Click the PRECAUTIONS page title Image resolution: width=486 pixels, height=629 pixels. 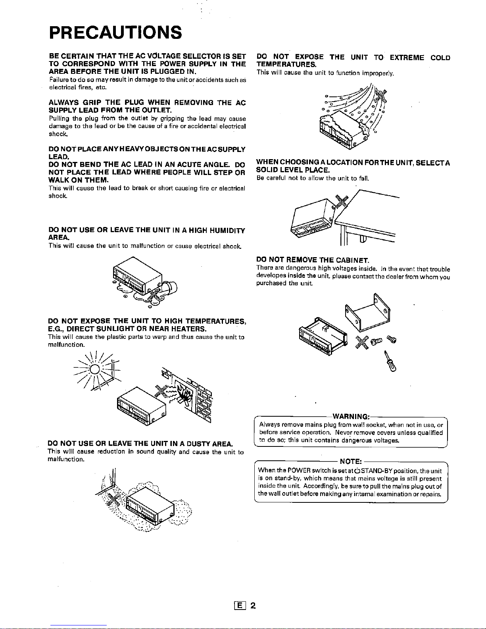(115, 33)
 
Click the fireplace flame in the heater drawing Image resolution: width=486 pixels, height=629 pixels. (185, 396)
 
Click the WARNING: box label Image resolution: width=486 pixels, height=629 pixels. (351, 416)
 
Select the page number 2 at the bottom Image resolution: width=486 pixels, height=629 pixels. (253, 606)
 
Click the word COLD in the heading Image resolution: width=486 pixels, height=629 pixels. (440, 58)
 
